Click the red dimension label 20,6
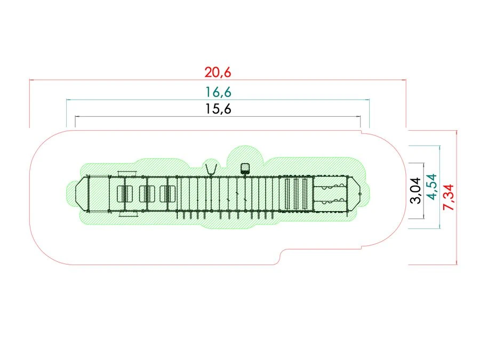pos(218,73)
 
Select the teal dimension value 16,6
pos(218,92)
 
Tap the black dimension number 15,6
pos(218,109)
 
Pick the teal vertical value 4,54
pos(431,187)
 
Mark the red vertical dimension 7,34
pos(449,197)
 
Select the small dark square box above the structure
pos(245,169)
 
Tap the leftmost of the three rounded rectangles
pos(125,194)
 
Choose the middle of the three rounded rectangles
pos(147,194)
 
